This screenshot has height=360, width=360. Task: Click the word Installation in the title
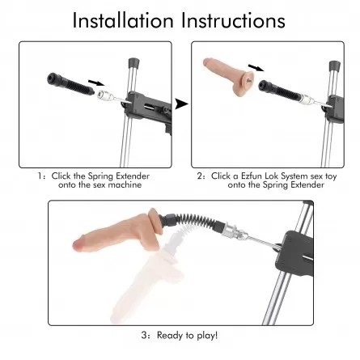coord(123,20)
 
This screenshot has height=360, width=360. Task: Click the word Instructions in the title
coord(233,20)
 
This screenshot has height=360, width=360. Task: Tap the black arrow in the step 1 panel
coord(96,82)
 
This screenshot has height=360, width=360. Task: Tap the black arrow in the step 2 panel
coord(256,67)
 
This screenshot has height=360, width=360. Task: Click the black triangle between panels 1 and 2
coord(181,104)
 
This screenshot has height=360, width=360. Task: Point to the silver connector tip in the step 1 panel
coord(104,95)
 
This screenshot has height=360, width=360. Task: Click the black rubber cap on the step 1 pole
coord(133,63)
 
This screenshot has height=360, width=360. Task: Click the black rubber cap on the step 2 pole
coord(335,66)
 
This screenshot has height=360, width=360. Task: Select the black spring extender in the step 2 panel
coord(279,90)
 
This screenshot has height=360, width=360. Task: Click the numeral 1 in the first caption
coord(40,176)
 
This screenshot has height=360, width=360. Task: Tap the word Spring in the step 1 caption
coord(100,176)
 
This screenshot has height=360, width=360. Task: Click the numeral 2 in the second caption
coord(200,176)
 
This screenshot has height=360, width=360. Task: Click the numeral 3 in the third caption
coord(144,336)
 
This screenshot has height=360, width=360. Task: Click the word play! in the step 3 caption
coord(207,336)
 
